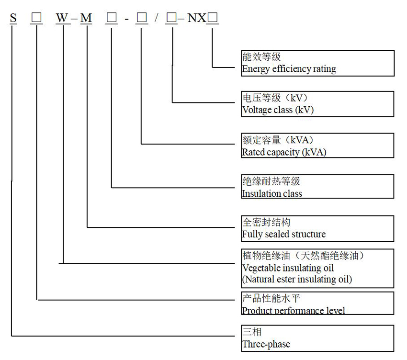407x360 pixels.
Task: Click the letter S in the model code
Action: pyautogui.click(x=13, y=18)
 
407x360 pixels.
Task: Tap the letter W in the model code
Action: pyautogui.click(x=62, y=18)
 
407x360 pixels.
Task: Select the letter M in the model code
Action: pyautogui.click(x=86, y=18)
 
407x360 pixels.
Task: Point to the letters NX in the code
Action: pyautogui.click(x=196, y=18)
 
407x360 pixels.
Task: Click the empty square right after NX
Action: pyautogui.click(x=213, y=18)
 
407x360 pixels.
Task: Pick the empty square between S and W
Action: pyautogui.click(x=36, y=18)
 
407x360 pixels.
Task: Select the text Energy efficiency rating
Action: pyautogui.click(x=289, y=69)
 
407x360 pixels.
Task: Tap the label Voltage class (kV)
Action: pyautogui.click(x=278, y=110)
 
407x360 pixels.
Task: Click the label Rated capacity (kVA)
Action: pyautogui.click(x=284, y=152)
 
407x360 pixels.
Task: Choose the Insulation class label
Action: pyautogui.click(x=271, y=193)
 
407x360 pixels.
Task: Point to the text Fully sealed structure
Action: pyautogui.click(x=283, y=234)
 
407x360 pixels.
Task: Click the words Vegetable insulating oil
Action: pyautogui.click(x=288, y=268)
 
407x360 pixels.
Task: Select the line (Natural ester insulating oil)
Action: pyautogui.click(x=297, y=279)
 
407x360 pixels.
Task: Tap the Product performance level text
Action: pyautogui.click(x=293, y=310)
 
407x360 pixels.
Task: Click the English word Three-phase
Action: pyautogui.click(x=266, y=344)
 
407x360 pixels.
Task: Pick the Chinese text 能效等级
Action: pyautogui.click(x=261, y=57)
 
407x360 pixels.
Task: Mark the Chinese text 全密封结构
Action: pyautogui.click(x=266, y=223)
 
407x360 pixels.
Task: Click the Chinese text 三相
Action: pyautogui.click(x=252, y=332)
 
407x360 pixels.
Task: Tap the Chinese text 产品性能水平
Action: pyautogui.click(x=271, y=299)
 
